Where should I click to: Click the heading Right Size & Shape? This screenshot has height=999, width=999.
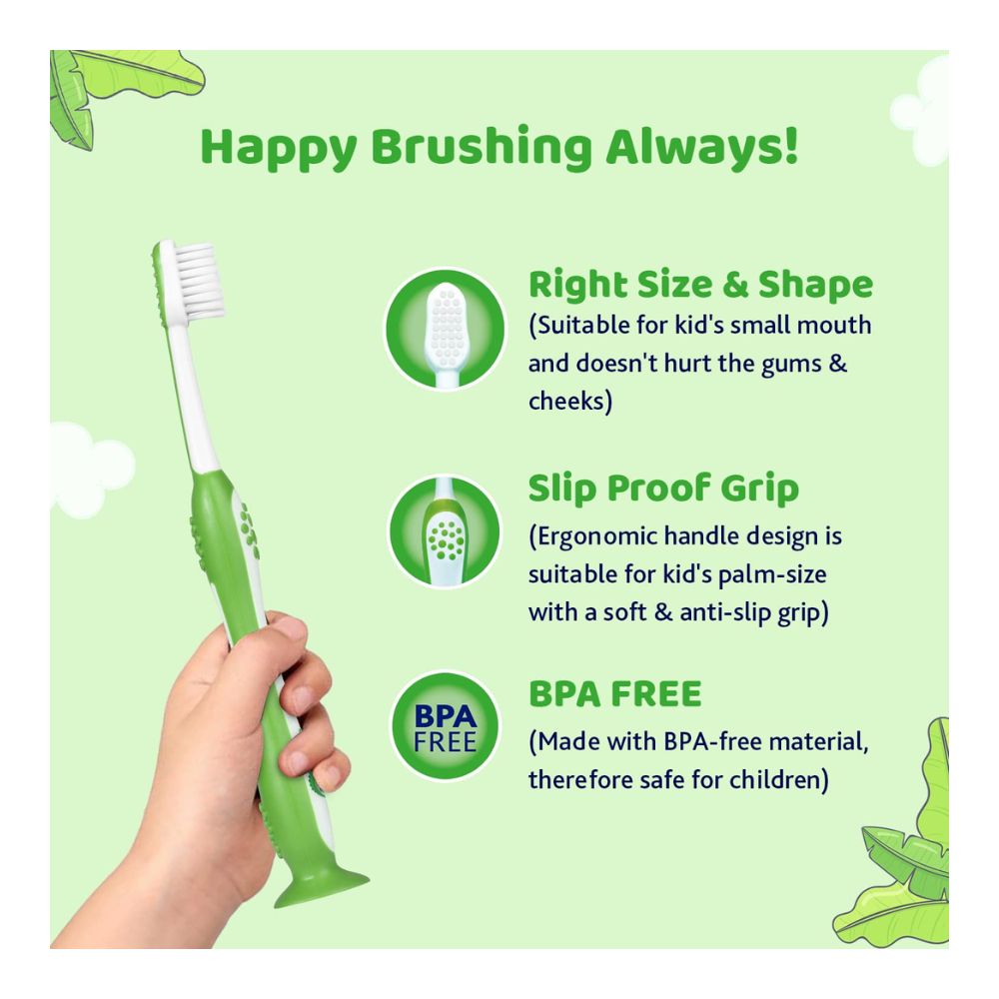coord(700,285)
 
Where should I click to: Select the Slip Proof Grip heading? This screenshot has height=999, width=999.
coord(663,489)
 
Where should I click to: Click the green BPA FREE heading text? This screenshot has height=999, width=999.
coord(614,693)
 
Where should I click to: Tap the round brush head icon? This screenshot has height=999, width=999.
coord(443,328)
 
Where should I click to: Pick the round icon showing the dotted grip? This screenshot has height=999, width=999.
coord(443,531)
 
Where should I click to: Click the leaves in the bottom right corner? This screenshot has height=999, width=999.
coord(904,859)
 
